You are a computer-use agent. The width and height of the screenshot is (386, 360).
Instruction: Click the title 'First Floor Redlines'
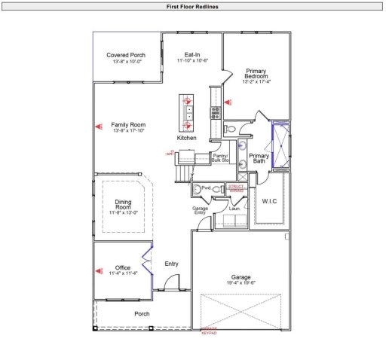point(193,5)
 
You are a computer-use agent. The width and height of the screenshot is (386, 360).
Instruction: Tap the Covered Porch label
point(126,55)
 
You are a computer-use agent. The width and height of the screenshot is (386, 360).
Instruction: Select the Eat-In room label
point(192,55)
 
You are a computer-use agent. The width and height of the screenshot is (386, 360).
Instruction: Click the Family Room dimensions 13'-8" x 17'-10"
point(128,131)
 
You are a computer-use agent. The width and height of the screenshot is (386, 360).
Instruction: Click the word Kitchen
point(187,139)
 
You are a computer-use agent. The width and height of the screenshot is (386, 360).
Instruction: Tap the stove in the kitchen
point(215,112)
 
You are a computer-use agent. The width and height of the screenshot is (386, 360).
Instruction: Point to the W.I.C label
point(270,201)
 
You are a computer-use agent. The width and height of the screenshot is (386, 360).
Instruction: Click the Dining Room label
point(123,204)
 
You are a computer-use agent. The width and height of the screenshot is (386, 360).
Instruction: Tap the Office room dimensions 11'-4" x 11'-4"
point(123,273)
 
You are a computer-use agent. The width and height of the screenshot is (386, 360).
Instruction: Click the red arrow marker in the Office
point(98,269)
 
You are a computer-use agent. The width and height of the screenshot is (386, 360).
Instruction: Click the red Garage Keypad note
point(207,331)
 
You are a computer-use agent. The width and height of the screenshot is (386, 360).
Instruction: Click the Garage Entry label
point(200,210)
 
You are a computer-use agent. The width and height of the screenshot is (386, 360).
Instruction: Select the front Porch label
point(142,313)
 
